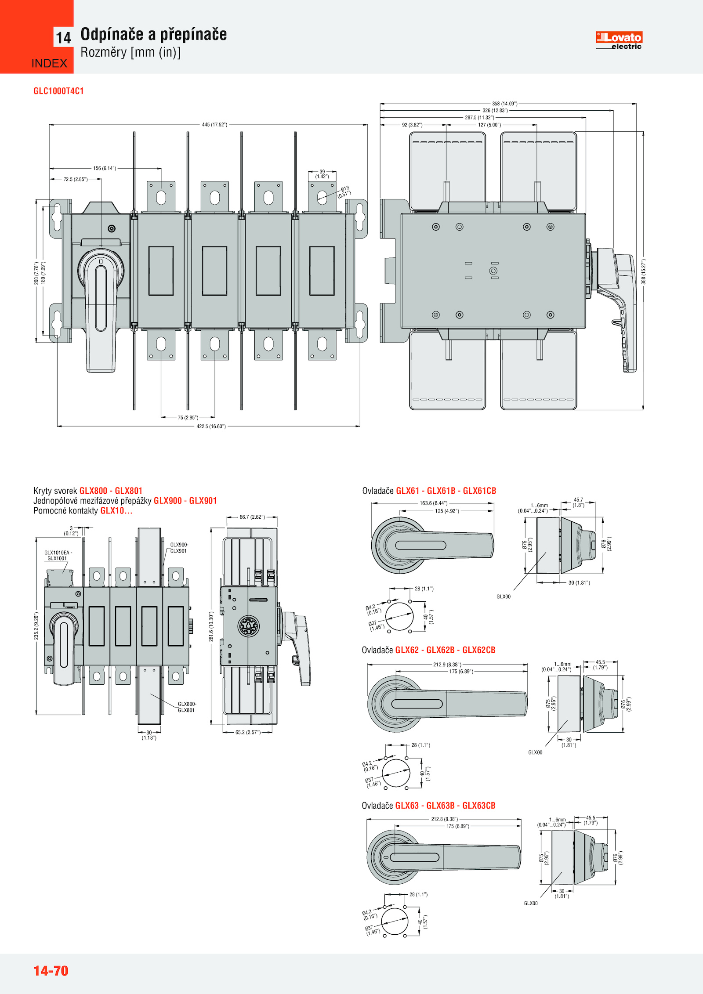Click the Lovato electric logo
click(619, 40)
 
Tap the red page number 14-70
click(51, 970)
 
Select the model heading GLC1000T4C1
click(58, 91)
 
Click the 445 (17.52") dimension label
click(214, 125)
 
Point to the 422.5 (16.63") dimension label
click(211, 426)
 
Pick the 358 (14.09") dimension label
click(504, 104)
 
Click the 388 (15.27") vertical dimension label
click(643, 271)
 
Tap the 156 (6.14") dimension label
click(105, 168)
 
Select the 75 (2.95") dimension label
click(188, 417)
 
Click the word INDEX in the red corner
click(49, 63)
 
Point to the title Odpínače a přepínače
click(154, 34)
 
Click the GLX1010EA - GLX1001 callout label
click(58, 556)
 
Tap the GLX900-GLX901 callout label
click(179, 548)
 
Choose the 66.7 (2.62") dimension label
click(252, 517)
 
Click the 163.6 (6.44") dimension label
click(433, 503)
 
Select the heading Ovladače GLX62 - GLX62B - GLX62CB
click(428, 650)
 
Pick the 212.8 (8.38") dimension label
click(444, 819)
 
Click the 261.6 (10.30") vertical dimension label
click(211, 626)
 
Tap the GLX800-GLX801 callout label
click(186, 707)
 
